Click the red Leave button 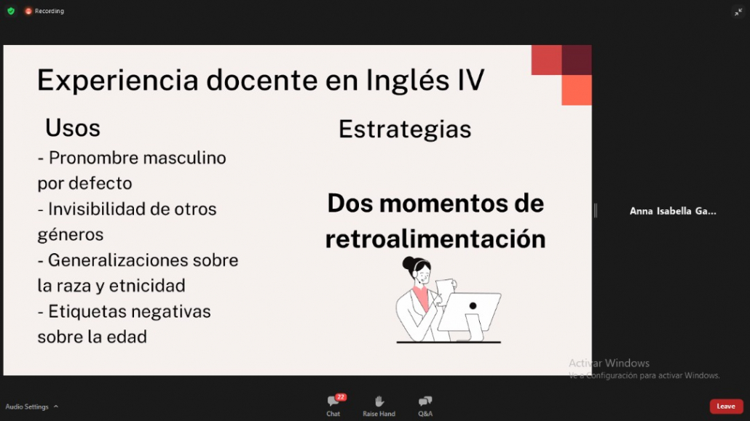click(726, 406)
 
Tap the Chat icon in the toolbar click(333, 401)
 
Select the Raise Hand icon click(379, 401)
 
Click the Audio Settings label click(27, 406)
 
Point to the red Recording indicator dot click(28, 11)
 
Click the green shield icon click(11, 11)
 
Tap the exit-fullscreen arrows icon click(738, 12)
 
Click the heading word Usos click(73, 128)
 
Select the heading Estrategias click(405, 129)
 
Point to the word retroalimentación click(435, 238)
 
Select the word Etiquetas click(88, 311)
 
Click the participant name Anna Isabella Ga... click(673, 211)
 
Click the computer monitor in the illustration click(469, 312)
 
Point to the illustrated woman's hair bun click(409, 263)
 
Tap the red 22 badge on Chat click(341, 397)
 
